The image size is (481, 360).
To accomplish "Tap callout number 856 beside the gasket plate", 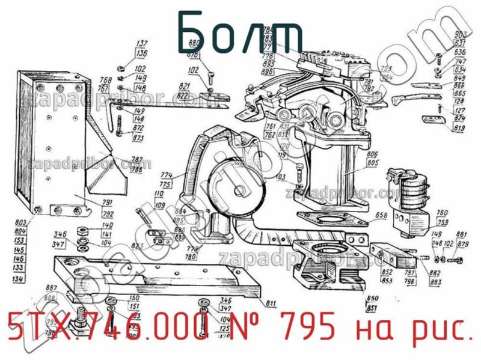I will (x=380, y=215).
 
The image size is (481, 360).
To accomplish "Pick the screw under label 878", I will (x=210, y=78).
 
